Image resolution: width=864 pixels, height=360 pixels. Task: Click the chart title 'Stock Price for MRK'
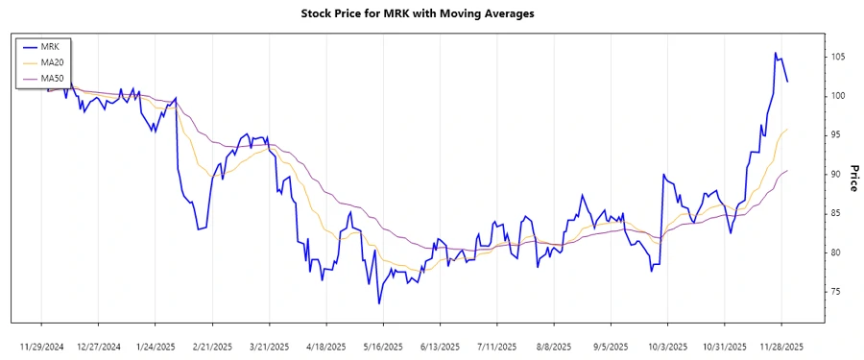click(x=430, y=13)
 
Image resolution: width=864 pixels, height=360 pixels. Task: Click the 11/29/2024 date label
click(x=41, y=346)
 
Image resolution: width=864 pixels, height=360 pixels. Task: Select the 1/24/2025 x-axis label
click(x=155, y=346)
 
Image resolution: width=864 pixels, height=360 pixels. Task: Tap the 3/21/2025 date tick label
click(x=269, y=346)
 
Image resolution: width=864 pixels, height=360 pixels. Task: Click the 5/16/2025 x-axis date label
click(x=383, y=346)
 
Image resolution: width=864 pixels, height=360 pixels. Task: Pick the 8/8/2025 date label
click(x=554, y=346)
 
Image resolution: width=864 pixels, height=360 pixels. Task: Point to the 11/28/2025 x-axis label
click(x=781, y=346)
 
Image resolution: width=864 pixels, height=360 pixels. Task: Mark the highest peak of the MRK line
click(x=776, y=53)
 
